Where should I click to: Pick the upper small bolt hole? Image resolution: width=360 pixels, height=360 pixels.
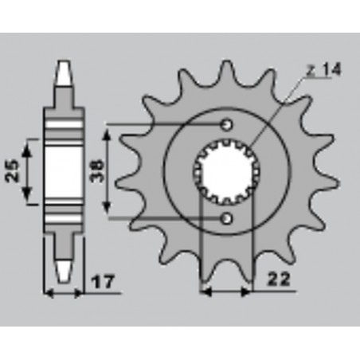point(227,124)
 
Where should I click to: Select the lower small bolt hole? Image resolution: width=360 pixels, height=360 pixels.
point(227,217)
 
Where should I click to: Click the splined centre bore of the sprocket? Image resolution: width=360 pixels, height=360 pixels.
point(226,170)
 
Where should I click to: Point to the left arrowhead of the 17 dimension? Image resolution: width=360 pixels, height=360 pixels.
point(48,292)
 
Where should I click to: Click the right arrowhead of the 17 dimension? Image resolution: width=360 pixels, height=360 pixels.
point(83,292)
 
